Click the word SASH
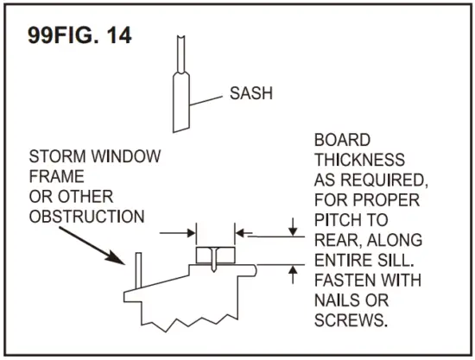(251, 92)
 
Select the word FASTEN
(345, 281)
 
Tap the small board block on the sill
(215, 256)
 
